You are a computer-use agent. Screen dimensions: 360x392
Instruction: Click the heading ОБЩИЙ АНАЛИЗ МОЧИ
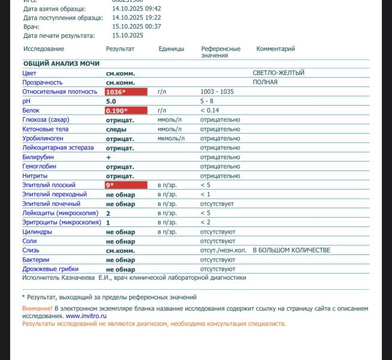61,64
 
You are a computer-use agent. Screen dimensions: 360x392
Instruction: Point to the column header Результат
120,49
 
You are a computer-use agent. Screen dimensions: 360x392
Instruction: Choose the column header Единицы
171,49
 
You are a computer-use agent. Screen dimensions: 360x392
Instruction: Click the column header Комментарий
275,49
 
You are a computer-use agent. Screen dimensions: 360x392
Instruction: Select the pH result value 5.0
111,101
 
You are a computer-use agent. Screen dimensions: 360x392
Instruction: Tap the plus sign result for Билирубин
108,157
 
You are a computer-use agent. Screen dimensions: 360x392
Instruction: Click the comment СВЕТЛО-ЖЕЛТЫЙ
278,73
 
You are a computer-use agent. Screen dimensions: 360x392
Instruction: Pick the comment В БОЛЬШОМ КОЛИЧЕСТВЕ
291,250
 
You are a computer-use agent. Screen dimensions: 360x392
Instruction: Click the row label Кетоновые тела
45,129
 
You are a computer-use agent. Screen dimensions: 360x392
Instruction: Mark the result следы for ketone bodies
116,130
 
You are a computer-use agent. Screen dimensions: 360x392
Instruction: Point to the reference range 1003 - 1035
217,92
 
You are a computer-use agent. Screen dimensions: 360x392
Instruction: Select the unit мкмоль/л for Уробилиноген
171,139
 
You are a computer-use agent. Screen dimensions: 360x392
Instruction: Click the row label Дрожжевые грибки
50,269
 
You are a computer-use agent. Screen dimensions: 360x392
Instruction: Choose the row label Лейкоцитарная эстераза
58,148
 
